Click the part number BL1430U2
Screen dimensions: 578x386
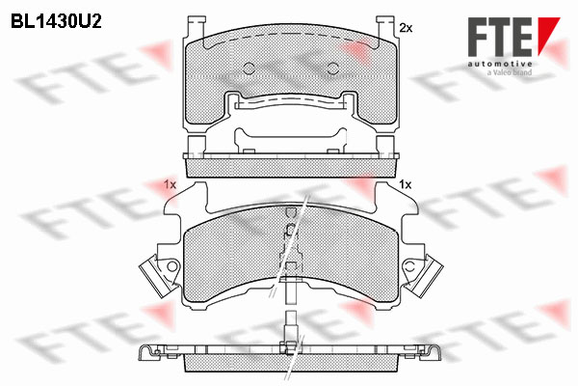click(56, 22)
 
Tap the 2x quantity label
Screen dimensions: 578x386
click(406, 28)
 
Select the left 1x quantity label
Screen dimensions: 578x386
click(170, 184)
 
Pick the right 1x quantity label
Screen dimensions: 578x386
click(406, 184)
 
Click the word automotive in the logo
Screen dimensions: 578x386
click(500, 64)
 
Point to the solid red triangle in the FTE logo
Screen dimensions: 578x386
click(548, 36)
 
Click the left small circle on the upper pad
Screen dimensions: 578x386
click(250, 68)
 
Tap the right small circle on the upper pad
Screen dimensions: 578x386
click(333, 68)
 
